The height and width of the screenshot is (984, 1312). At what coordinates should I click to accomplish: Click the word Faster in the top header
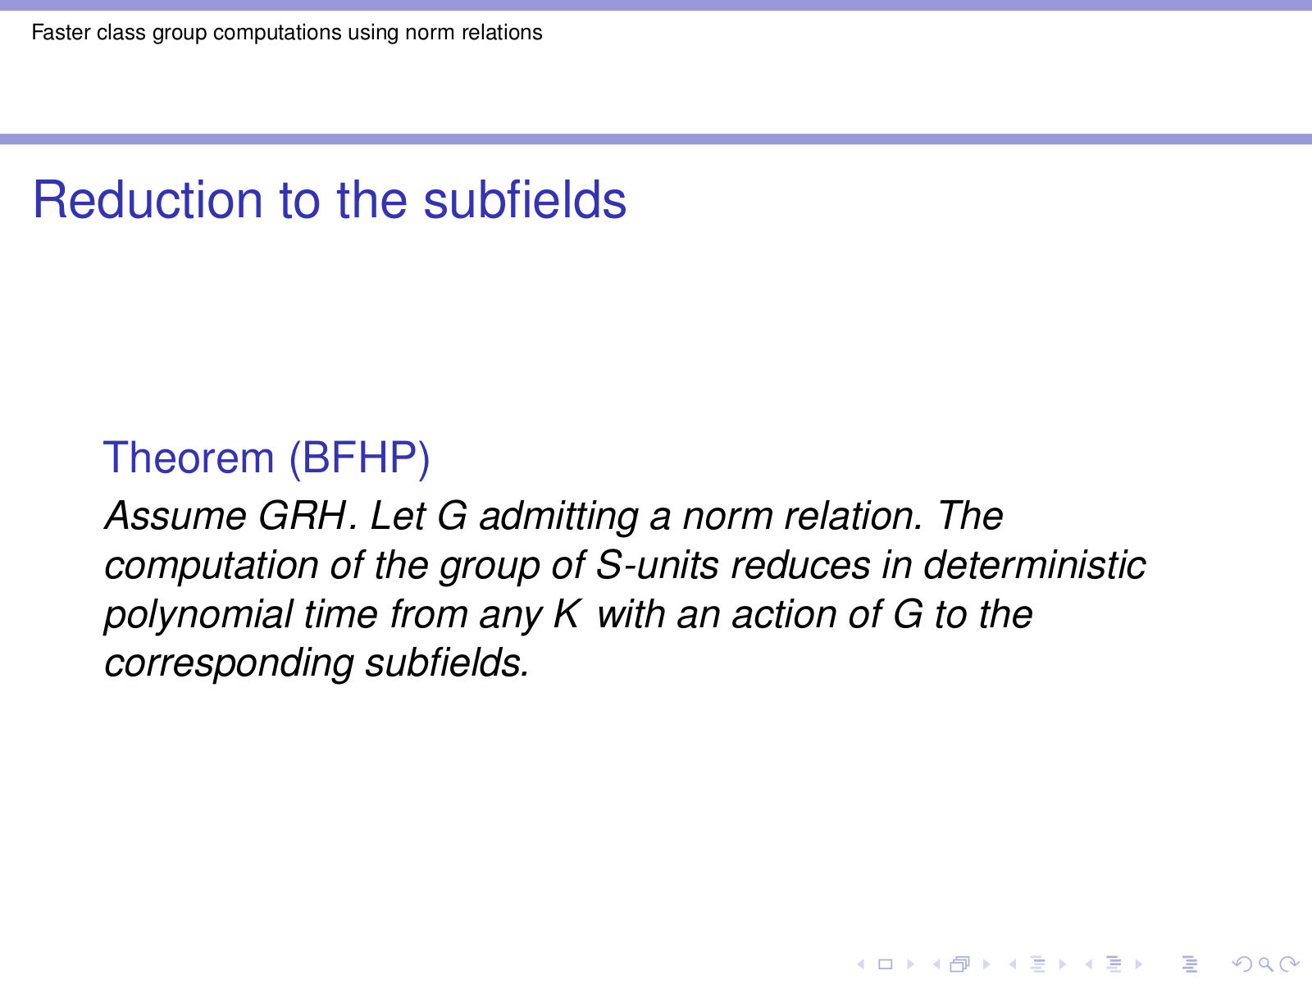click(x=60, y=32)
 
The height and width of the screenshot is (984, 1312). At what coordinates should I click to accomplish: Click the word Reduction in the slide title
click(x=148, y=199)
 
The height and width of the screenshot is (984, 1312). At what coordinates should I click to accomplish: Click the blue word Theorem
click(x=189, y=458)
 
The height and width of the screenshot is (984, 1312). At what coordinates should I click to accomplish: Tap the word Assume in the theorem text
click(x=175, y=516)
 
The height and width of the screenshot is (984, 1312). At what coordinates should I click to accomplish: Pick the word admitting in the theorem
click(x=559, y=517)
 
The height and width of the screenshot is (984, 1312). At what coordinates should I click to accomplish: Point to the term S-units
click(x=658, y=565)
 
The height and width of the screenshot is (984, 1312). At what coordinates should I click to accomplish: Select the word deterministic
click(x=1035, y=565)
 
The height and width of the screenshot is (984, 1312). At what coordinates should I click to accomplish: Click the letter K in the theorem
click(x=567, y=613)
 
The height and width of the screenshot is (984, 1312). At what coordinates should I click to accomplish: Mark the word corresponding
click(x=229, y=664)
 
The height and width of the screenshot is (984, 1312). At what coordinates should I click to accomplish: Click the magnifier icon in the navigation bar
click(x=1265, y=963)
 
